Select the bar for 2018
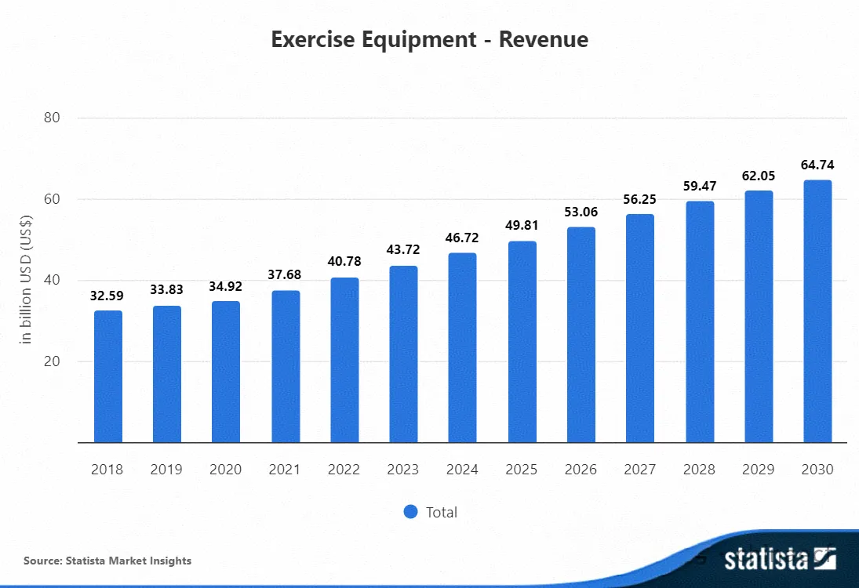pos(108,376)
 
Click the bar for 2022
pos(344,360)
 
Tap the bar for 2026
pos(581,335)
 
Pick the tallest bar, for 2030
pos(817,311)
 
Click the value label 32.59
pos(107,296)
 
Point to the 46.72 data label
pos(462,238)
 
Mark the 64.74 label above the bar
pos(817,165)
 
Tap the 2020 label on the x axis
pos(225,470)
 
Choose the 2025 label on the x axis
pos(521,470)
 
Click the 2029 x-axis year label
pos(759,470)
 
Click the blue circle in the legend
pos(411,512)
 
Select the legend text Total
pos(442,512)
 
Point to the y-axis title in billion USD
pos(26,280)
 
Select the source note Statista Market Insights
pos(107,561)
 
